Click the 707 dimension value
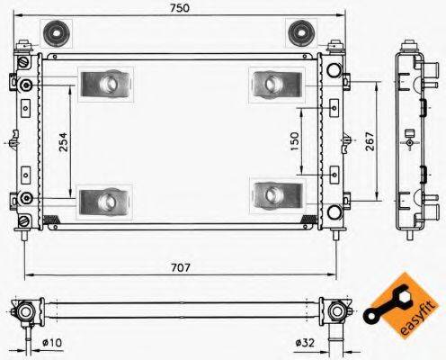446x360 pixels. click(x=181, y=267)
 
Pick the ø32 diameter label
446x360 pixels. click(x=306, y=343)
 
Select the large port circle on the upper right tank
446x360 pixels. click(x=334, y=70)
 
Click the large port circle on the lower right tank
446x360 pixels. click(x=334, y=213)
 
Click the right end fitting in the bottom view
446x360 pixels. click(x=337, y=312)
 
